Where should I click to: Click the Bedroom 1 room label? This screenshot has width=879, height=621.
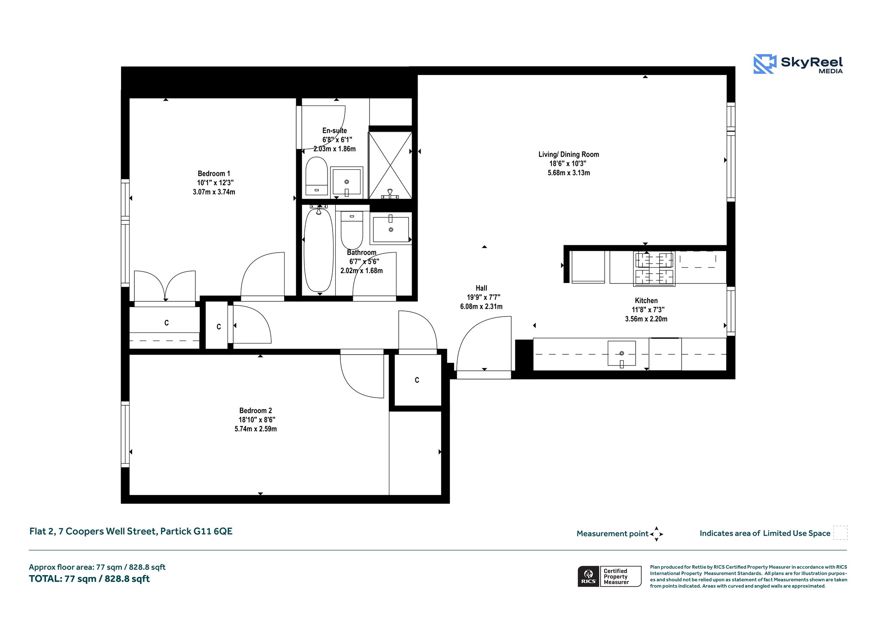tap(214, 174)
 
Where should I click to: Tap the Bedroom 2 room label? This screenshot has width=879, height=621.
tap(256, 411)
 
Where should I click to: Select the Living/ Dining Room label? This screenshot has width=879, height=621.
tap(569, 154)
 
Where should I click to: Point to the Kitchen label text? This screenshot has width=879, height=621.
tap(646, 301)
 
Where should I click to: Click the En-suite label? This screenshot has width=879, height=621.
tap(335, 131)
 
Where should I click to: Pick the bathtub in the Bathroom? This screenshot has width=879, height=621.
tap(318, 250)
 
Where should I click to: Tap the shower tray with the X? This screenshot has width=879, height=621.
tap(390, 165)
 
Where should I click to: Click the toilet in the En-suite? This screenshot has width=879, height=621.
tap(317, 176)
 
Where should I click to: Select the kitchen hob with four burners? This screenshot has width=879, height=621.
tap(654, 268)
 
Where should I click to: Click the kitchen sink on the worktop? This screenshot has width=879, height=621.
tap(621, 353)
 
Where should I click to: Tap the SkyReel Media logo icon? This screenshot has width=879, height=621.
tap(765, 64)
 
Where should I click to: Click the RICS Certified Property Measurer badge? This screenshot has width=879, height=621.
tap(609, 576)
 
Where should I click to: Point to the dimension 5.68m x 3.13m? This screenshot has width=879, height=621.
tap(569, 173)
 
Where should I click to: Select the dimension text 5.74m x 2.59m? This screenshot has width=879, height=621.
tap(256, 429)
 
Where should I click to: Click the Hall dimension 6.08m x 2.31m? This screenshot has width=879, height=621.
tap(482, 307)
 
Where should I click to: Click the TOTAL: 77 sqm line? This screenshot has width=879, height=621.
tap(89, 579)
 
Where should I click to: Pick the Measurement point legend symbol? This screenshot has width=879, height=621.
tap(657, 534)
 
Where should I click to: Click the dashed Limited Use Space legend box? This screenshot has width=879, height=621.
tap(840, 533)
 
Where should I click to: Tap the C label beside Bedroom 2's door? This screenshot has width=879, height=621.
tap(417, 380)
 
